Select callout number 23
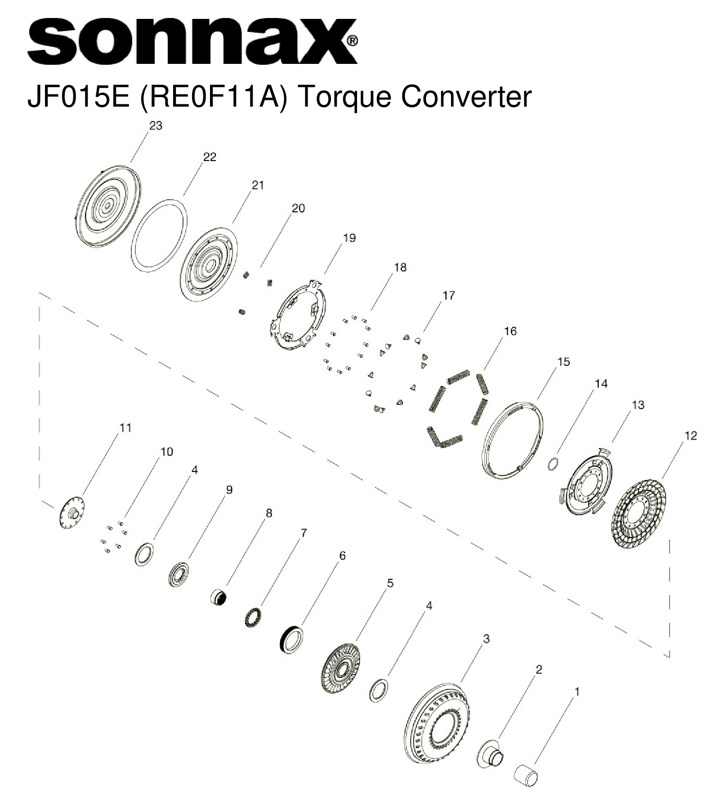pos(156,126)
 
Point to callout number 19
pos(349,238)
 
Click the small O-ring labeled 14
pos(554,463)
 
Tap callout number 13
pos(638,405)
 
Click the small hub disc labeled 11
pos(72,512)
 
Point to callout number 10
pos(166,452)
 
